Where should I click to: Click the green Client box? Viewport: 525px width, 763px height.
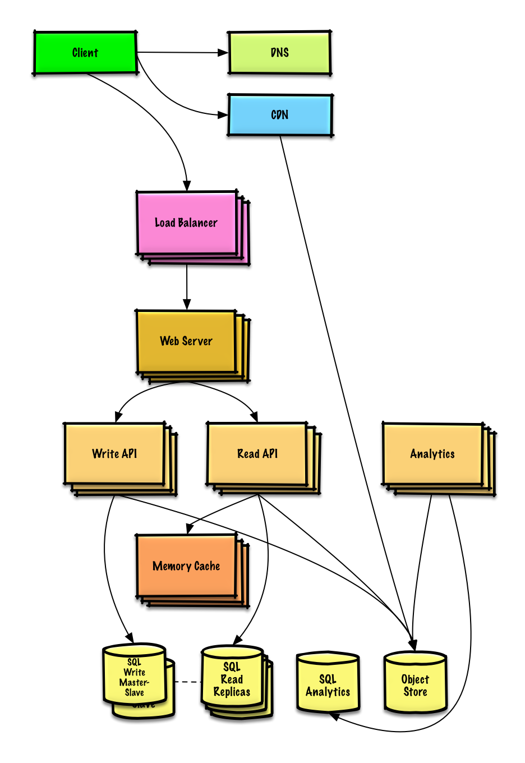85,53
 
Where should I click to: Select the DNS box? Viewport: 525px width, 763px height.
279,53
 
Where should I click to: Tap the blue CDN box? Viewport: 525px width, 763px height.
279,115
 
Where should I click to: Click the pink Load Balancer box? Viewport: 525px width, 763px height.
186,223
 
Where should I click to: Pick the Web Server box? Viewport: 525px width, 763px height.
186,341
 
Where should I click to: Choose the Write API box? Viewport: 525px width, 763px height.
114,454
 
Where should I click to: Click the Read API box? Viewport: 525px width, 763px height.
257,454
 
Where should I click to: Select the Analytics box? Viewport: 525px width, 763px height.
432,454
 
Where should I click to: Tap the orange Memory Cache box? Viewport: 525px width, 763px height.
186,566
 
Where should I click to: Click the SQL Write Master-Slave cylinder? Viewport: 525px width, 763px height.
135,675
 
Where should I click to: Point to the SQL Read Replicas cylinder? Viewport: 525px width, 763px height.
232,679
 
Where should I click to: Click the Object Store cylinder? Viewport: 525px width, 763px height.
415,684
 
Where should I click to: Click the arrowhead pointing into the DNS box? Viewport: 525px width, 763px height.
223,53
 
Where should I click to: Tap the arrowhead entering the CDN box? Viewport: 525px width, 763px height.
223,115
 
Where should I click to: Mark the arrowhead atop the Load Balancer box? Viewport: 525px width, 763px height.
187,186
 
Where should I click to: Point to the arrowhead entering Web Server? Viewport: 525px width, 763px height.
187,304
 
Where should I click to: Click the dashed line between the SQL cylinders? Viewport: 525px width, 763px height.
188,682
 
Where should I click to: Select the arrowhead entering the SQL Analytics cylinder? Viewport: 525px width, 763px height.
334,716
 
